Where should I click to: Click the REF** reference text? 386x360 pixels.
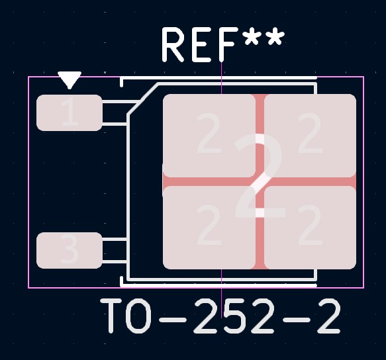click(x=223, y=44)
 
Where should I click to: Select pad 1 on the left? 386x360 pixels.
click(x=69, y=112)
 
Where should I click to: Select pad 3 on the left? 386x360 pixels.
click(x=69, y=250)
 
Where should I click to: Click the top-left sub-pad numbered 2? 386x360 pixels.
click(x=209, y=136)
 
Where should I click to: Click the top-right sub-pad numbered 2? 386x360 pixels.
click(x=310, y=136)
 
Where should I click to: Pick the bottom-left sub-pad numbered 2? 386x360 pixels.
click(x=209, y=228)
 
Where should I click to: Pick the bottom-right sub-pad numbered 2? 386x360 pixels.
click(x=310, y=228)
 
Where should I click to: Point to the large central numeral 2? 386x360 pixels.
click(x=260, y=176)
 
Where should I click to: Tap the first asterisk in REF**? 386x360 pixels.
click(x=253, y=37)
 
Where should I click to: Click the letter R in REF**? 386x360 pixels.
click(x=173, y=44)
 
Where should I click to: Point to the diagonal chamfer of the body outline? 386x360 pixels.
click(x=143, y=99)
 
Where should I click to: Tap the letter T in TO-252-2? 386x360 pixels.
click(x=111, y=316)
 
